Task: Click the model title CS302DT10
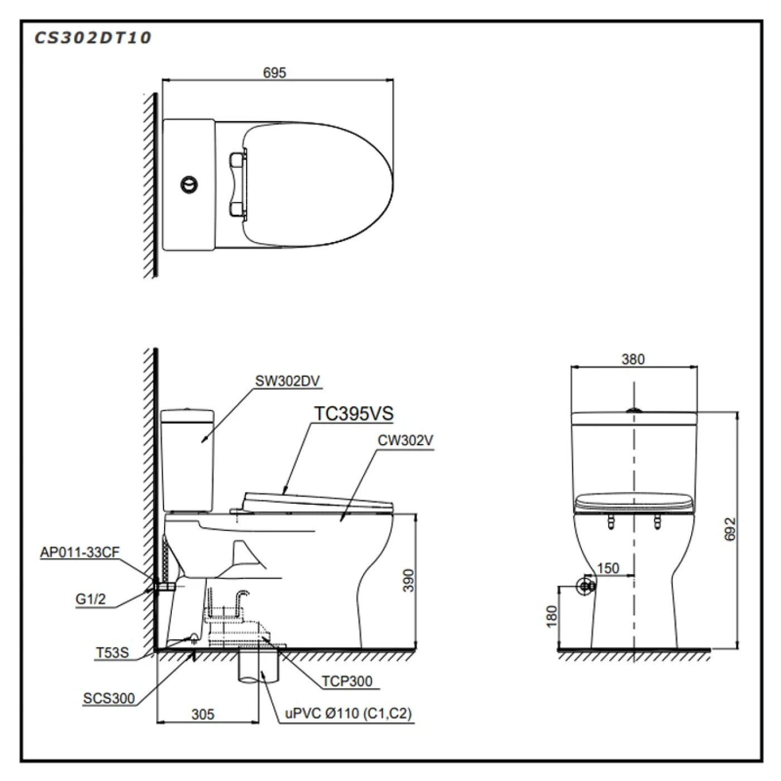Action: [x=93, y=37]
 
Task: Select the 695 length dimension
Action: [x=274, y=73]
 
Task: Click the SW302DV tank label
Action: [x=287, y=381]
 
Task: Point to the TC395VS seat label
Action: [x=354, y=413]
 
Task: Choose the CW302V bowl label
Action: [x=405, y=440]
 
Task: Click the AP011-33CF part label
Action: [x=79, y=552]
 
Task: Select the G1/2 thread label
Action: [x=90, y=600]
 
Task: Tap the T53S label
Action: [x=112, y=653]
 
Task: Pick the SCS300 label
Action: [x=109, y=698]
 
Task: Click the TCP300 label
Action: [x=346, y=681]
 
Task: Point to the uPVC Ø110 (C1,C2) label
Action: [x=349, y=713]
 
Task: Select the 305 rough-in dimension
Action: [x=203, y=714]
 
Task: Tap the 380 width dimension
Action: [x=633, y=359]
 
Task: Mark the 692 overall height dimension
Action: [x=731, y=529]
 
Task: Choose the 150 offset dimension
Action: [x=608, y=568]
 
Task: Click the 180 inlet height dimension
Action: [x=552, y=616]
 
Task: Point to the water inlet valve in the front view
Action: [x=585, y=586]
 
